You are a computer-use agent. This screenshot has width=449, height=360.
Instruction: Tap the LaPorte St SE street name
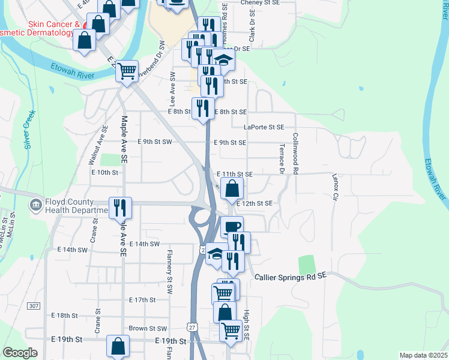pyautogui.click(x=264, y=127)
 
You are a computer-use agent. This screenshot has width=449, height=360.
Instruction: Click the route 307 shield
pyautogui.click(x=34, y=306)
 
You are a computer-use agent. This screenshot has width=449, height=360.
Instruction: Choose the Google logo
pyautogui.click(x=20, y=353)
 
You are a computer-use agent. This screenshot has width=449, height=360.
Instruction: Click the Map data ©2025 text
pyautogui.click(x=423, y=355)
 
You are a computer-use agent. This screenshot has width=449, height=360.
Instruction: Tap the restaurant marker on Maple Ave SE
pyautogui.click(x=119, y=207)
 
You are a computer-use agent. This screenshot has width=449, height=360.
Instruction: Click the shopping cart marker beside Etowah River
pyautogui.click(x=127, y=71)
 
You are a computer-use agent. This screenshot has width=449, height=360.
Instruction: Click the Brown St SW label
pyautogui.click(x=148, y=329)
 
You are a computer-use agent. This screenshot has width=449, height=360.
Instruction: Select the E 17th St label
pyautogui.click(x=142, y=299)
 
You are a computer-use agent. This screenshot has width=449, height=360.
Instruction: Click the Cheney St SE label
pyautogui.click(x=260, y=3)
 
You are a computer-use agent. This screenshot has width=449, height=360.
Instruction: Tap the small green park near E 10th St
pyautogui.click(x=109, y=160)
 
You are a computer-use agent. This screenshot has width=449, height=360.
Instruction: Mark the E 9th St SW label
pyautogui.click(x=155, y=142)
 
